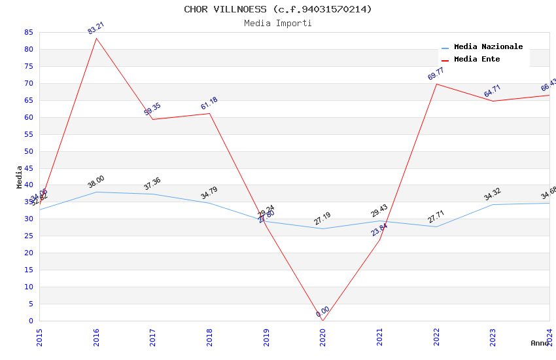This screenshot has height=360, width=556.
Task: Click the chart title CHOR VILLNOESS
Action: [277, 9]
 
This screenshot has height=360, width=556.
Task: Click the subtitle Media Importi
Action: [277, 23]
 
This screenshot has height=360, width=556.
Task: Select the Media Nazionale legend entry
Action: [488, 47]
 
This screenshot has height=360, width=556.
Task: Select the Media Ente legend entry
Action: [477, 60]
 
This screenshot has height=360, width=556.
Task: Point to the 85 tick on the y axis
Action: [28, 32]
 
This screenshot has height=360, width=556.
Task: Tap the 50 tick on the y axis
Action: [28, 151]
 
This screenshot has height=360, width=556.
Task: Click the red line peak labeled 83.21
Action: [96, 38]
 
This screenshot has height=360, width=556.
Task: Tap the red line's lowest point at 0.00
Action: [322, 320]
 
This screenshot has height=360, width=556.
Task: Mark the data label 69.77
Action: [436, 73]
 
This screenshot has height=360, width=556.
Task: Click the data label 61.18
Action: [209, 103]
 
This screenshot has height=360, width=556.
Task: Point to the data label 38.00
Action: [96, 181]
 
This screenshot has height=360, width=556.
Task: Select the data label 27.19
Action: [322, 219]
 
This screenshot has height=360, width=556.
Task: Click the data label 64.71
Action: [493, 91]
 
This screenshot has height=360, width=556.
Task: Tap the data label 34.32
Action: [493, 194]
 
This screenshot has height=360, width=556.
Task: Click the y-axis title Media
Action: [20, 177]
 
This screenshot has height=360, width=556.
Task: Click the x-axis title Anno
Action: [540, 343]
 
